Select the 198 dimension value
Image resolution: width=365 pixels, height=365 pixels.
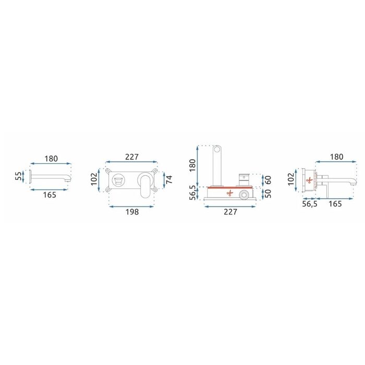click(x=132, y=212)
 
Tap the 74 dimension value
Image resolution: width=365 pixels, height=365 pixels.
click(x=169, y=179)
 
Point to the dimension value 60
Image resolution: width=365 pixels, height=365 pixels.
click(x=268, y=180)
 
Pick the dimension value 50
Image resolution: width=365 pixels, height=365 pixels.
click(x=268, y=193)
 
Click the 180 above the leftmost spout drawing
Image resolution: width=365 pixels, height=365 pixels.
click(x=51, y=159)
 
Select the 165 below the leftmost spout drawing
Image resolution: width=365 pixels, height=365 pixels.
click(x=50, y=195)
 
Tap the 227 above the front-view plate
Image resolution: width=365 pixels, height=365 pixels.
click(x=132, y=157)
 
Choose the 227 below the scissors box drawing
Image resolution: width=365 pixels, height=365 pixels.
click(x=230, y=212)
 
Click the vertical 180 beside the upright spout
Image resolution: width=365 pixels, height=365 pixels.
click(x=192, y=165)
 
